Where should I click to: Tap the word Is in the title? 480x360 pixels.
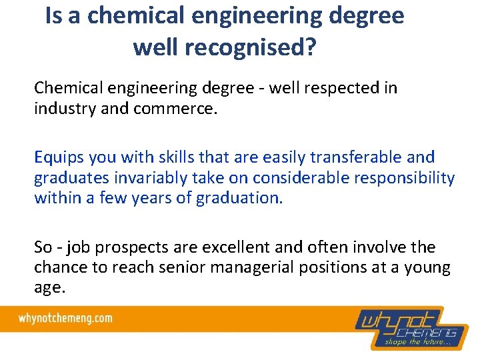pyautogui.click(x=55, y=16)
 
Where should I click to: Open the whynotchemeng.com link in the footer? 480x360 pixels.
pyautogui.click(x=65, y=318)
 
